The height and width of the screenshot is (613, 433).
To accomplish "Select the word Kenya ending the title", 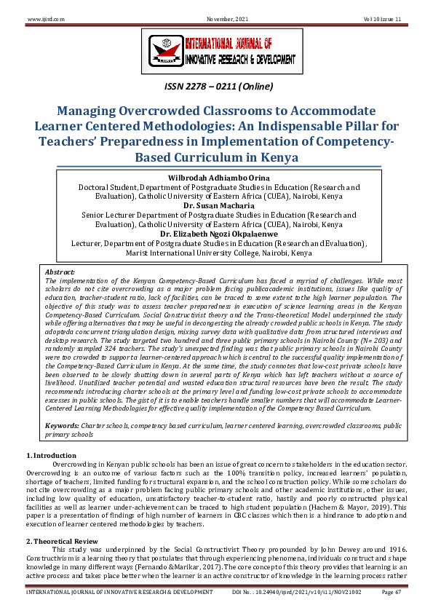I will [x=278, y=157].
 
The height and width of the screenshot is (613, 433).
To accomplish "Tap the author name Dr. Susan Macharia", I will [x=216, y=206].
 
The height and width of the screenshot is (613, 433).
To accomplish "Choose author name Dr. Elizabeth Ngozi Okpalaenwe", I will [x=216, y=234].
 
